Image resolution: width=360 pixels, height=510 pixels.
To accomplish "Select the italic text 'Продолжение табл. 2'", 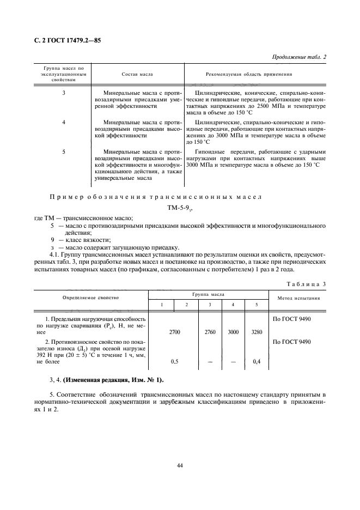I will click(298, 57).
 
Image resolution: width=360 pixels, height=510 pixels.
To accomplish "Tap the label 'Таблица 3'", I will click(306, 284).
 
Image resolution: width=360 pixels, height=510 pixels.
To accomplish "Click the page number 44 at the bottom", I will click(180, 465).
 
